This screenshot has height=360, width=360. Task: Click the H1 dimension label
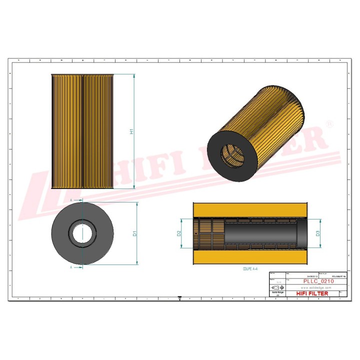[132, 132]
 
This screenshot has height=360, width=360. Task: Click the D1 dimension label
[134, 233]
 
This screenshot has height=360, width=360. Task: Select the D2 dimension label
[179, 233]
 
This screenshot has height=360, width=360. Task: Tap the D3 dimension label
[318, 233]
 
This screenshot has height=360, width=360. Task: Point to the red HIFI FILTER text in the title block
[312, 293]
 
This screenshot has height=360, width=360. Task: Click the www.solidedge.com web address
[317, 288]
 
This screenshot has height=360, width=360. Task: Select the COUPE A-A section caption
[250, 268]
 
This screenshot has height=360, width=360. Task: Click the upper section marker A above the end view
[71, 199]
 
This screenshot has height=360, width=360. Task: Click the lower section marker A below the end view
[71, 267]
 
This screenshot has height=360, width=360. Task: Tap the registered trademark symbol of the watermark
[329, 123]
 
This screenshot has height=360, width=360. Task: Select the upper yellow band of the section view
[250, 209]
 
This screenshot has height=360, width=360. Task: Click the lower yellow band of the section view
[250, 257]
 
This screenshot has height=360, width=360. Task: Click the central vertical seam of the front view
[82, 131]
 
